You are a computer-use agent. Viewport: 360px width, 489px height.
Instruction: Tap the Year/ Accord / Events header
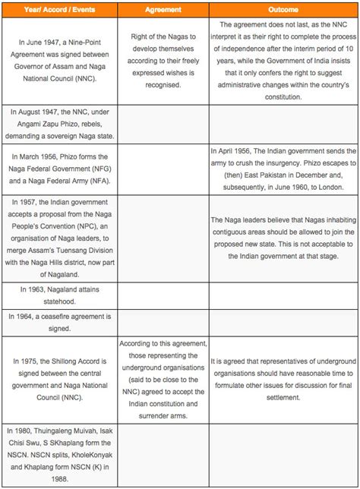tap(61, 9)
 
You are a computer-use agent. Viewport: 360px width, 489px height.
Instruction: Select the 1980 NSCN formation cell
tap(61, 453)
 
